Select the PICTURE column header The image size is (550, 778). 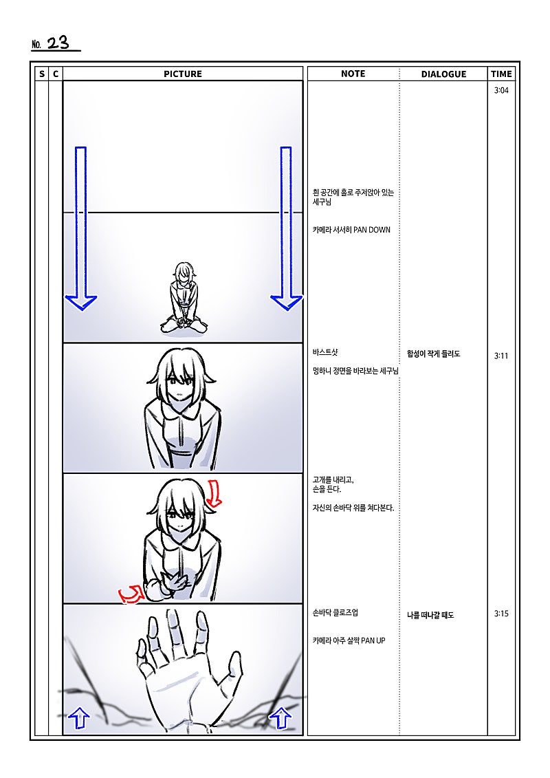coord(182,74)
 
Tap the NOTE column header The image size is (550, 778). coord(353,74)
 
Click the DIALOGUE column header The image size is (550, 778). coord(443,74)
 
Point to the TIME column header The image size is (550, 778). coord(501,74)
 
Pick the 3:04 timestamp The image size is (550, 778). coord(501,90)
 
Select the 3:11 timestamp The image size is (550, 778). coord(501,356)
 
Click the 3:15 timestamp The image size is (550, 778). coord(501,614)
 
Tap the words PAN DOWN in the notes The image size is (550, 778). coord(371,230)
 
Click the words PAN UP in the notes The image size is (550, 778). coord(373,640)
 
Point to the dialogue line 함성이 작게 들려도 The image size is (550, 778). coord(433,354)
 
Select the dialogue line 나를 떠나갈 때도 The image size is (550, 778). coord(430,615)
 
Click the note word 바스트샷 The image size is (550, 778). coord(325,352)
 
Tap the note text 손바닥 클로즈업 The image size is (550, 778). coord(335,613)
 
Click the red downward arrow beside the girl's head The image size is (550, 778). coord(214,493)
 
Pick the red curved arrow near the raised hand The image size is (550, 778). coord(131,594)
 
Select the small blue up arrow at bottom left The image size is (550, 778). coord(78,717)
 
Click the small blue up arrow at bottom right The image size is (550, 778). coord(280,717)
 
